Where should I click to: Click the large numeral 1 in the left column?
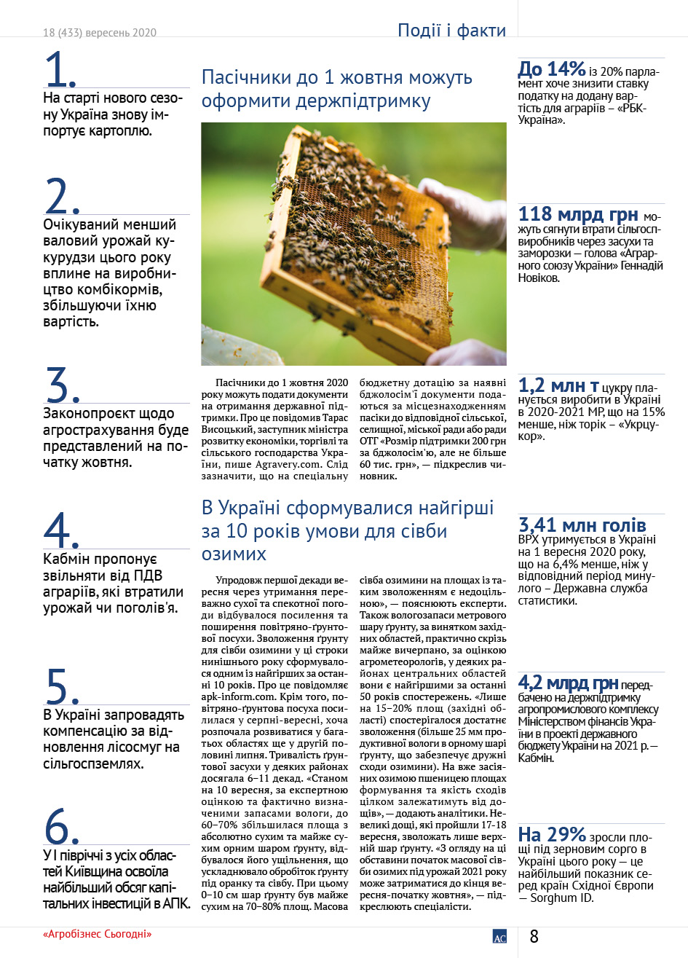click(60, 70)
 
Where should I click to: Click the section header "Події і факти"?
click(451, 31)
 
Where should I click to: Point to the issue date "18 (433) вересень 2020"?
click(100, 33)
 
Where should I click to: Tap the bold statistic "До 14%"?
click(552, 69)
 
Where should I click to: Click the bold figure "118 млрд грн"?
click(578, 215)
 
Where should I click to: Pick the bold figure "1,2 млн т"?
click(558, 385)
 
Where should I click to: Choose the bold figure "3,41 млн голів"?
click(582, 525)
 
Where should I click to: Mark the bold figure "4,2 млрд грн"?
click(568, 683)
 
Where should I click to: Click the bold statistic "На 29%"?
click(552, 834)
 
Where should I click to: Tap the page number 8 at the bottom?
click(534, 936)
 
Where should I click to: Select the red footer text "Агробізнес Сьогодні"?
click(98, 934)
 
